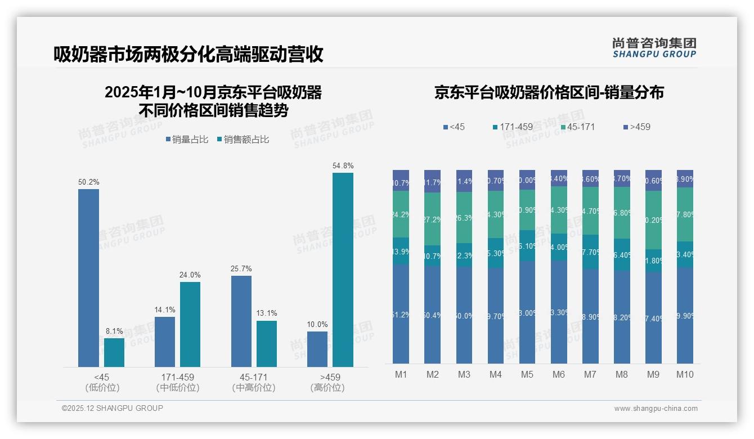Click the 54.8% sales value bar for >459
pyautogui.click(x=343, y=270)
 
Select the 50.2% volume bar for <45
pyautogui.click(x=88, y=278)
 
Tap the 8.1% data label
pyautogui.click(x=114, y=331)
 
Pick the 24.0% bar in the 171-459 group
pyautogui.click(x=190, y=324)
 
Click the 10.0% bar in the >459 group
pyautogui.click(x=317, y=349)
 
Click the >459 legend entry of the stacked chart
pyautogui.click(x=637, y=127)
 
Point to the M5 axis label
pyautogui.click(x=527, y=374)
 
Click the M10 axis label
pyautogui.click(x=685, y=374)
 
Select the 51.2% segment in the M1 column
pyautogui.click(x=401, y=314)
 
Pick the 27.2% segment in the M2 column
pyautogui.click(x=432, y=219)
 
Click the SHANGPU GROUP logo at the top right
pyautogui.click(x=654, y=48)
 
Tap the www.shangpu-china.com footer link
pyautogui.click(x=656, y=409)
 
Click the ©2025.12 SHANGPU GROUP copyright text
pyautogui.click(x=113, y=408)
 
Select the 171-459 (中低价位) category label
pyautogui.click(x=178, y=382)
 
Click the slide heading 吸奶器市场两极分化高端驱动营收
pyautogui.click(x=188, y=55)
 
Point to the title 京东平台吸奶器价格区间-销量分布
pyautogui.click(x=549, y=92)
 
